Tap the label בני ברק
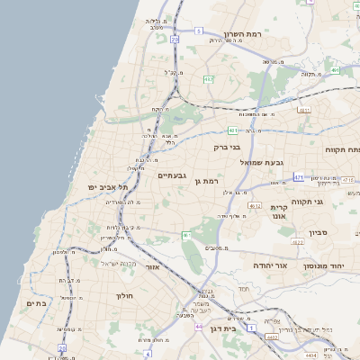[x=228, y=145]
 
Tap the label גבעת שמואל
[x=263, y=163]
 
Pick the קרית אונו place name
[x=278, y=211]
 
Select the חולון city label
[x=123, y=295]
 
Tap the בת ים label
[x=36, y=303]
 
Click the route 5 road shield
[x=198, y=30]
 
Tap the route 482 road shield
[x=209, y=79]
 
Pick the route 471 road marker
[x=298, y=177]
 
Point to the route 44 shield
[x=198, y=327]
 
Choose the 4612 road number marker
[x=255, y=205]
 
